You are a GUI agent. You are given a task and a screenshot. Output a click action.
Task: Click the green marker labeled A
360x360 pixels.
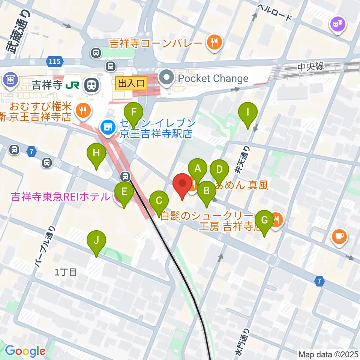(198, 169)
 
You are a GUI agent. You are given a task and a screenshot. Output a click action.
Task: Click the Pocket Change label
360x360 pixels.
(213, 78)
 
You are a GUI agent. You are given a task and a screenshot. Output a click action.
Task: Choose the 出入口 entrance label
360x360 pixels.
(131, 83)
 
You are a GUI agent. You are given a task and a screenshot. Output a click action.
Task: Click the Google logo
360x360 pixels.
(25, 351)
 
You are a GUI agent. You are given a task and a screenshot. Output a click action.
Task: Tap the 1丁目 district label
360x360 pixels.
(66, 273)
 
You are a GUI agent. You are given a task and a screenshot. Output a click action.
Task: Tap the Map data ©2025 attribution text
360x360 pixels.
(328, 354)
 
